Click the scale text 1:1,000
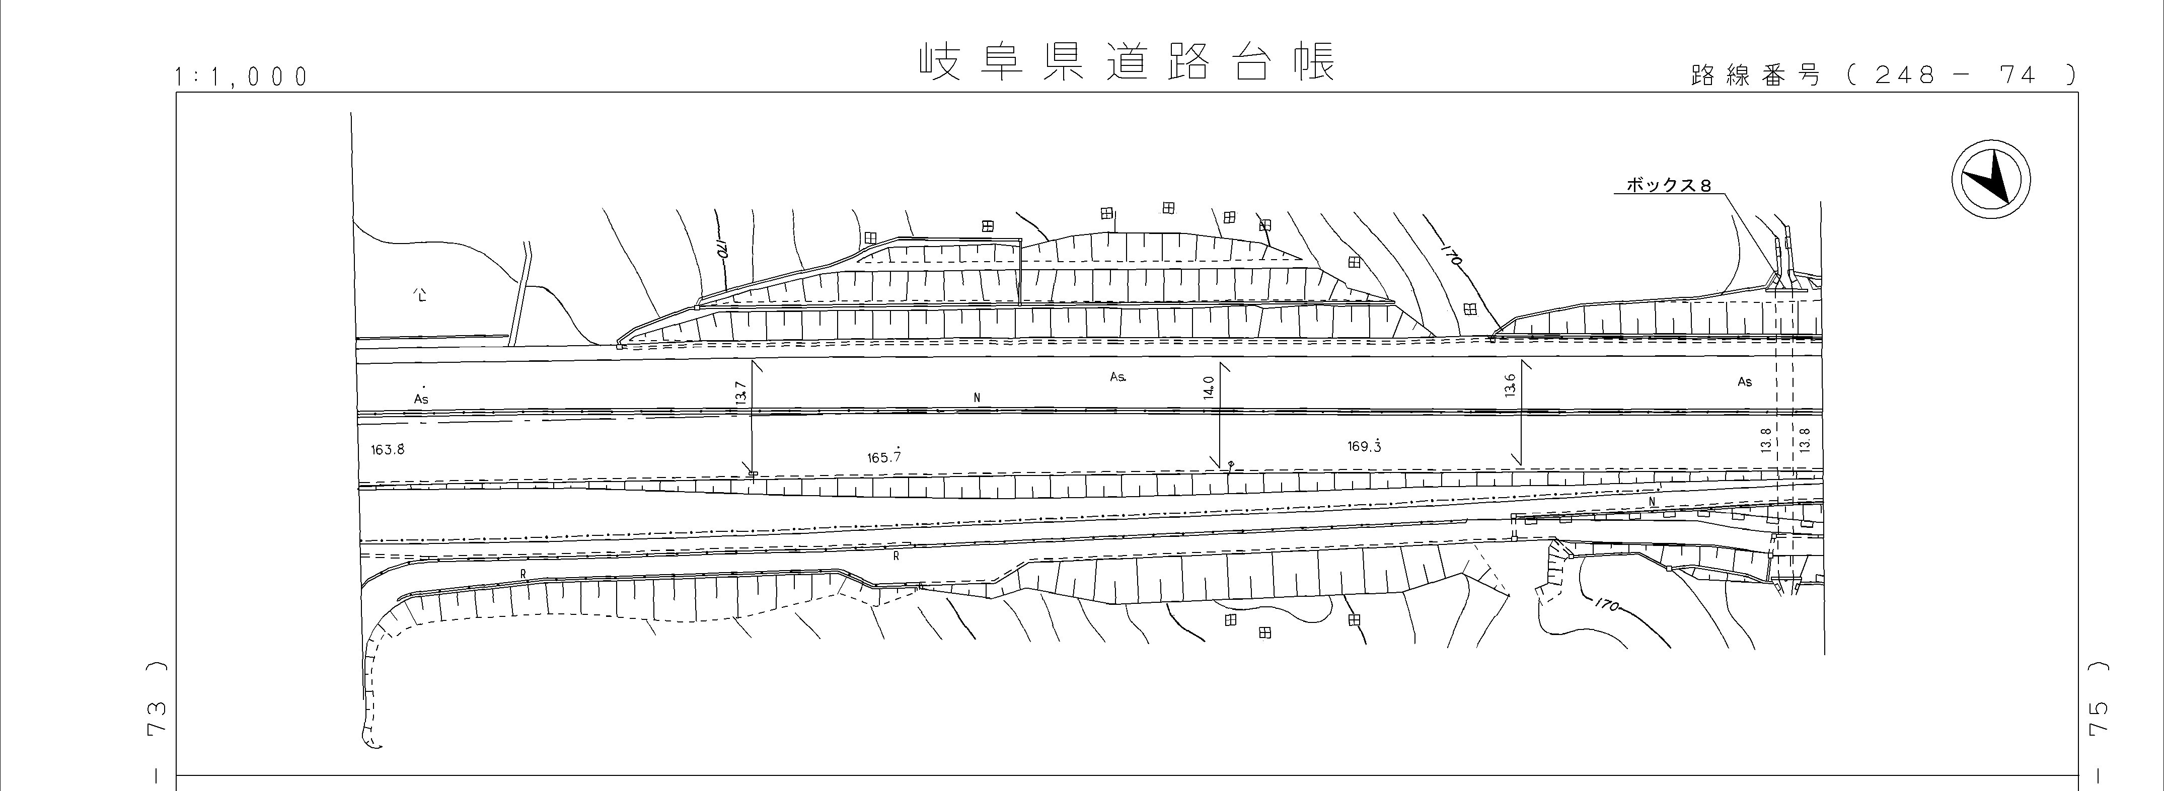[x=242, y=77]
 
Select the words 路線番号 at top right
[x=1755, y=75]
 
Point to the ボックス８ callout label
[x=1668, y=185]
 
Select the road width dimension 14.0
[x=1209, y=388]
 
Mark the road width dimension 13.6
[x=1510, y=385]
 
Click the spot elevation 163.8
[x=388, y=449]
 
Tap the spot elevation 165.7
[x=884, y=457]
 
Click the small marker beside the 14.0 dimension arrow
[x=1231, y=463]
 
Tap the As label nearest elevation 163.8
[x=421, y=399]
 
